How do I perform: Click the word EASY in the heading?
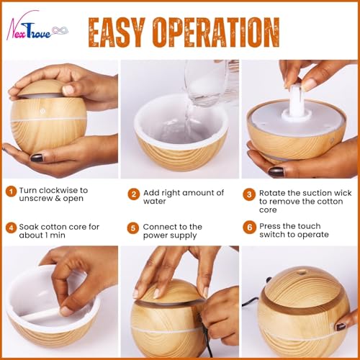point(117,32)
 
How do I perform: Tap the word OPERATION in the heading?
point(216,32)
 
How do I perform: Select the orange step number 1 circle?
point(11,192)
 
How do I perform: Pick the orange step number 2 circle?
point(134,194)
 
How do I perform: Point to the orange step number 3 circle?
point(249,194)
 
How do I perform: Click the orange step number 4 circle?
point(11,228)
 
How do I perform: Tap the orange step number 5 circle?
point(133,228)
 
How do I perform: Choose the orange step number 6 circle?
point(250,228)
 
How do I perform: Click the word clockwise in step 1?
point(59,191)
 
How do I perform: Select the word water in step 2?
point(154,202)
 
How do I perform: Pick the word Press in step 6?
point(269,226)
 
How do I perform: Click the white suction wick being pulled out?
point(296,101)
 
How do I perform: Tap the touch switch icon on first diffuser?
point(43,111)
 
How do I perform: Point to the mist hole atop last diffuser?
point(302,272)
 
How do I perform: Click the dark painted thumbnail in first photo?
point(37,158)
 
